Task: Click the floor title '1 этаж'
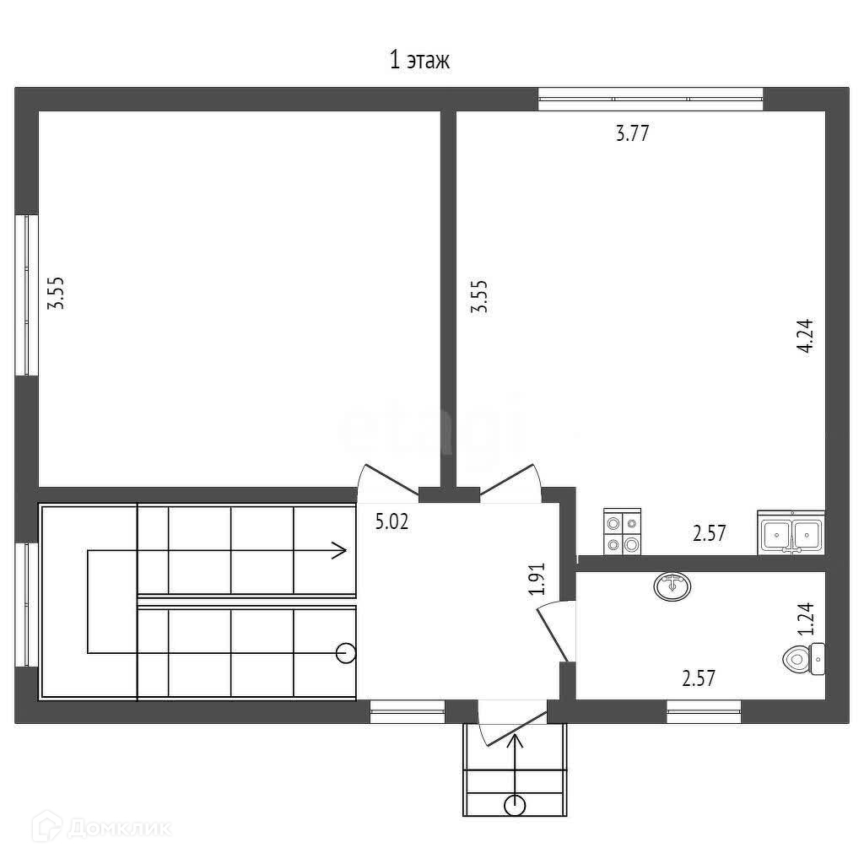click(x=419, y=60)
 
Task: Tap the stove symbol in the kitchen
click(x=622, y=532)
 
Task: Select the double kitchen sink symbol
click(x=791, y=532)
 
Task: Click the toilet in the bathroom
click(x=804, y=658)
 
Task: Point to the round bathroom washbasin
click(x=672, y=586)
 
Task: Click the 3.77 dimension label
click(x=632, y=133)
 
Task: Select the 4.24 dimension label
click(x=805, y=336)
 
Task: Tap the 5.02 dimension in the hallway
click(x=391, y=521)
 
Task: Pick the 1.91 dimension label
click(x=536, y=579)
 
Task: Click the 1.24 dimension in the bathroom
click(x=806, y=618)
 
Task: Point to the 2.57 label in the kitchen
click(x=709, y=533)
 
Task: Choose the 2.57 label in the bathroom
click(x=699, y=678)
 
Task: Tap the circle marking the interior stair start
click(x=346, y=654)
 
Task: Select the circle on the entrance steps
click(x=515, y=806)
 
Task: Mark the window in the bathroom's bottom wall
click(x=704, y=711)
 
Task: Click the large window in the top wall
click(x=651, y=100)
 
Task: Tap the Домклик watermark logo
click(x=101, y=828)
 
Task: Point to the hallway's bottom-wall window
click(x=408, y=711)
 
